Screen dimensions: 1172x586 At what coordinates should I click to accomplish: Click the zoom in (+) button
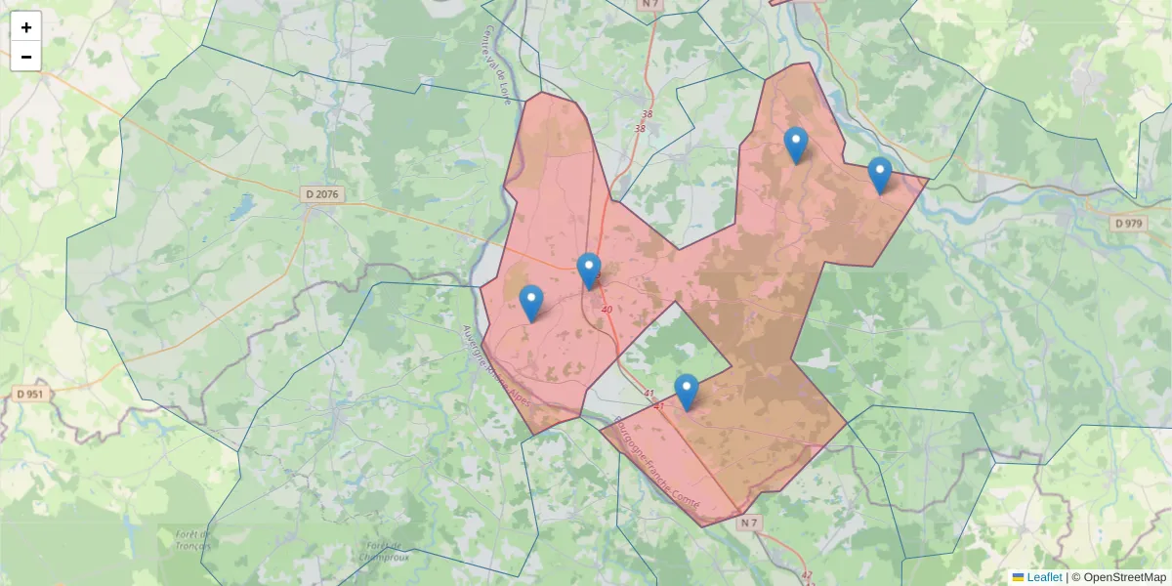(26, 27)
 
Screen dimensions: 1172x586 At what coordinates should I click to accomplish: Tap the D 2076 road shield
(321, 194)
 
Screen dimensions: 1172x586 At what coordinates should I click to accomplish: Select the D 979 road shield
(1128, 224)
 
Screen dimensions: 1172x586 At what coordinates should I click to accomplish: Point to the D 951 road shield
(31, 395)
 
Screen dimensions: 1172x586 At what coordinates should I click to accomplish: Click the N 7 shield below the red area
(748, 523)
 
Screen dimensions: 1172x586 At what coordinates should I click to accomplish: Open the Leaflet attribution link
(1044, 577)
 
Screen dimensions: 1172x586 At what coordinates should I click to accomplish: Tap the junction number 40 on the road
(607, 310)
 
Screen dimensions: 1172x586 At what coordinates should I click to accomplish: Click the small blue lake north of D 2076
(241, 210)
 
